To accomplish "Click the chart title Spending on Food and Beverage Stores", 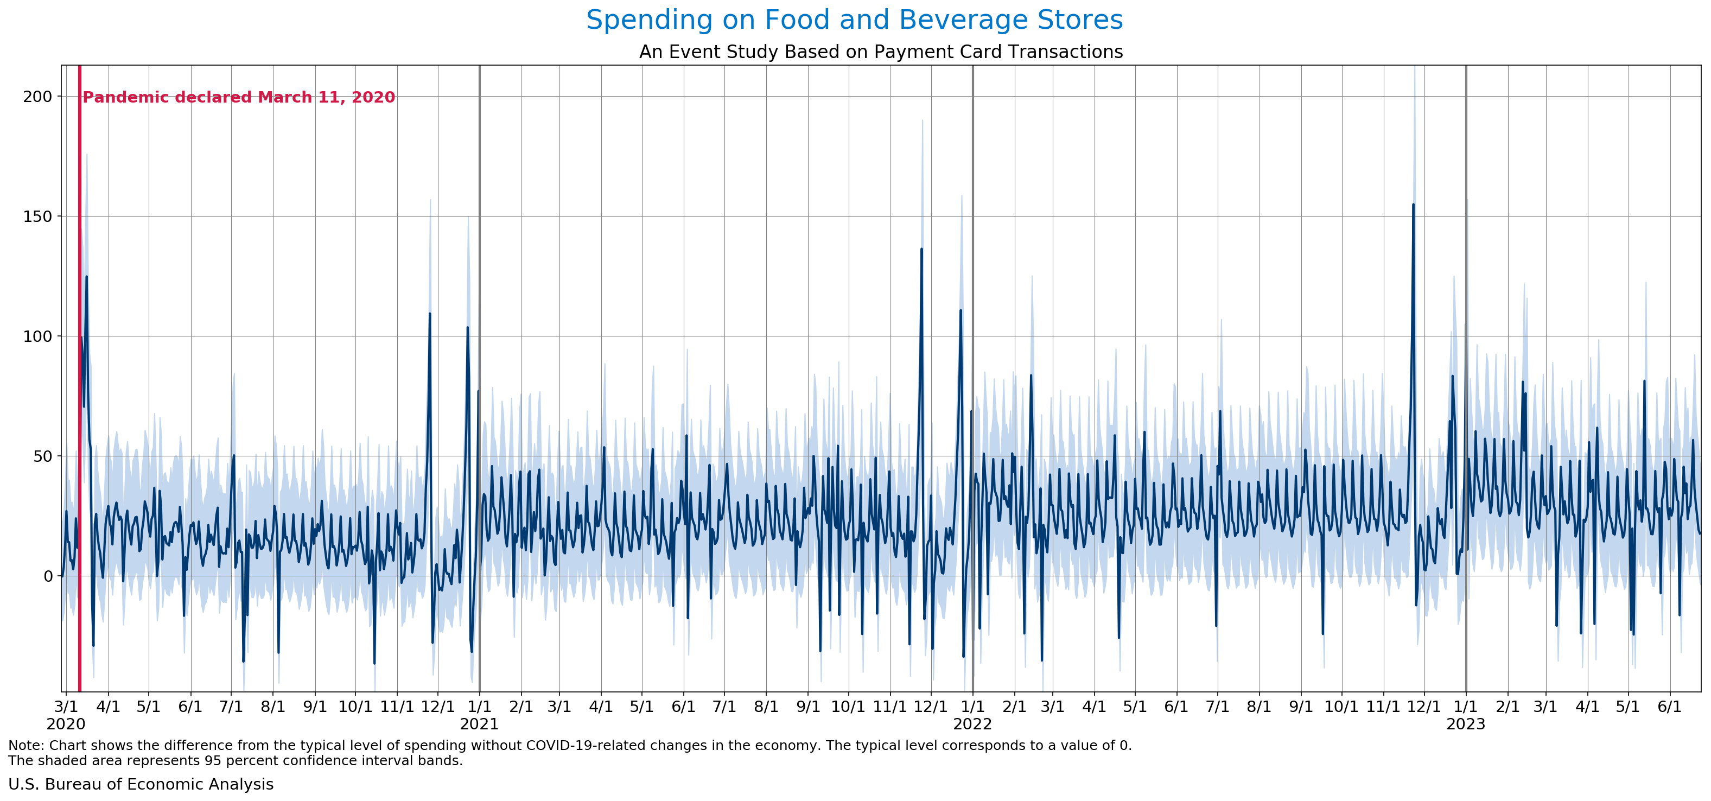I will click(854, 20).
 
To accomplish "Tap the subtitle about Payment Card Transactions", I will click(881, 52).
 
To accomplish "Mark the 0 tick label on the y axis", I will click(48, 576).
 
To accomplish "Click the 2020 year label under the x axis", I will click(66, 724).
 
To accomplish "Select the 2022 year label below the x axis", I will click(972, 724).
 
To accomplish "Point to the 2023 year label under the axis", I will click(1466, 724).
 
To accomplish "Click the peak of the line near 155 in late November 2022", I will click(1413, 205).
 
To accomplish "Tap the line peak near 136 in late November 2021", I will click(921, 249).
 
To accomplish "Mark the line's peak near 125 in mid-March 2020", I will click(86, 276).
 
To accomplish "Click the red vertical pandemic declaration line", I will click(80, 398).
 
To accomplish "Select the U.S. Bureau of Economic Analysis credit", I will click(141, 784).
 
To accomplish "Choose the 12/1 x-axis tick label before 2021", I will click(438, 706).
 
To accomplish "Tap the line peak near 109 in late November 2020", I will click(430, 314).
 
